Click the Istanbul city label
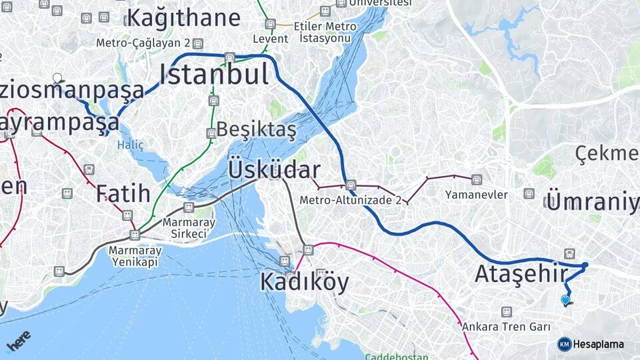point(213,74)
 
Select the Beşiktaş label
point(256,129)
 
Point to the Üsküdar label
point(274,169)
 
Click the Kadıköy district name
point(304,283)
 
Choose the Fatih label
point(123,193)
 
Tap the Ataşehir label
point(521,274)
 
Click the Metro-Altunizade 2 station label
point(350,199)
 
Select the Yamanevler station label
point(477,195)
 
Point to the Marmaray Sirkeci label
point(189,228)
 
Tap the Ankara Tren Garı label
point(506,327)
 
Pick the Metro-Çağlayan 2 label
point(143,43)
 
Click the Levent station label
point(270,39)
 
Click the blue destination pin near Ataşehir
point(565,300)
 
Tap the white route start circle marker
point(57,78)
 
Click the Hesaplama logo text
point(598,344)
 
